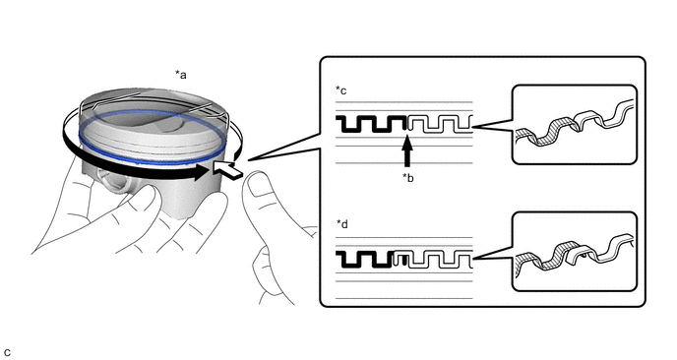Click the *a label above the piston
tap(180, 75)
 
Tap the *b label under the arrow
tap(407, 177)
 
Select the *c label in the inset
tap(341, 90)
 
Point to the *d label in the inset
tap(342, 224)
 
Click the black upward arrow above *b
tap(407, 150)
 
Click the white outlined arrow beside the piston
tap(227, 169)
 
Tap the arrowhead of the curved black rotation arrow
tap(202, 172)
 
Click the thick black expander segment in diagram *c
tap(371, 124)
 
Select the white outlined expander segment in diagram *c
tap(441, 124)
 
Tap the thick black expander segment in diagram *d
tap(365, 259)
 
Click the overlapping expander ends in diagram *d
tap(400, 259)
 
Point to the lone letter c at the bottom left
tap(7, 353)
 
